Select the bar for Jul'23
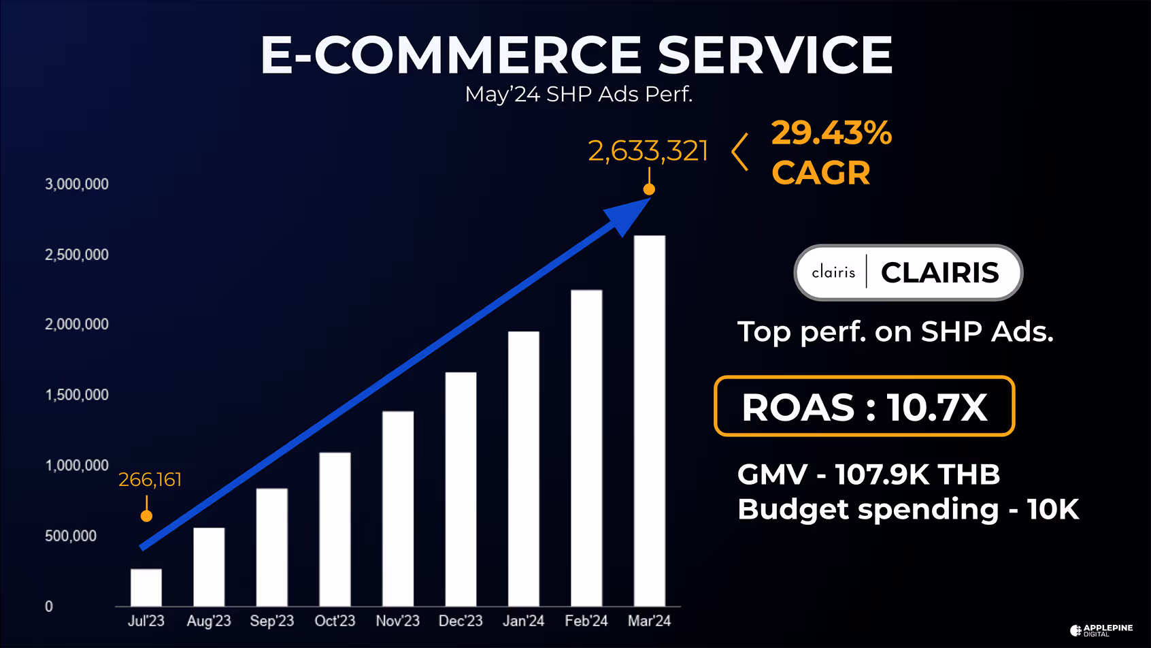pos(146,587)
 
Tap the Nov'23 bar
pos(398,508)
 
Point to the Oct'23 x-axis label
pos(335,621)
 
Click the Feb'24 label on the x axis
pos(586,621)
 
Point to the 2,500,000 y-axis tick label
pos(77,255)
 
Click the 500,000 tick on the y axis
pos(71,536)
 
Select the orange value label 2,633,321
pos(648,151)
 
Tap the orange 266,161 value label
pos(150,480)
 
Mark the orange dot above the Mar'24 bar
pos(650,189)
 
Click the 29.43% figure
pos(831,133)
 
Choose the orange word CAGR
pos(821,173)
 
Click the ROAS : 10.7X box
pos(864,406)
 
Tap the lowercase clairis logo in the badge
pos(833,272)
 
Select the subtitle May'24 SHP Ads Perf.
pos(579,94)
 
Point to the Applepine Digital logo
pos(1101,630)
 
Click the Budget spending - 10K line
pos(908,509)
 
